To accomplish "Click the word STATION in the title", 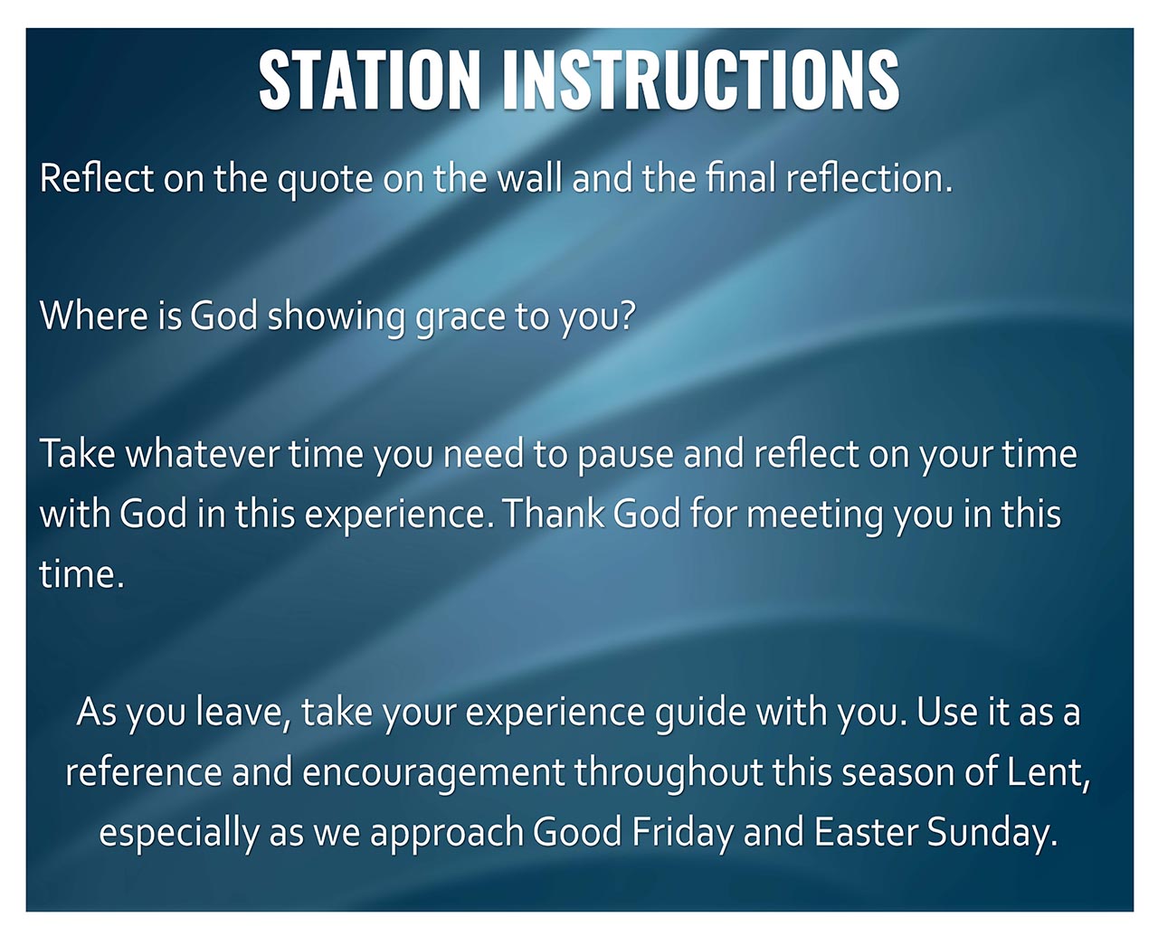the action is point(370,80).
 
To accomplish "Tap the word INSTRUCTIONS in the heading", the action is point(701,80).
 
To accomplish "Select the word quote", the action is point(325,179).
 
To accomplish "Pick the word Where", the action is point(93,316).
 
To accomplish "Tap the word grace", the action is point(460,318).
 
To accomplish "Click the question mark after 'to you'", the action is point(626,316).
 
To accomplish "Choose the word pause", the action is point(625,457).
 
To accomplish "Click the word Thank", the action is point(554,513).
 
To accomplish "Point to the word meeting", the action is point(814,515).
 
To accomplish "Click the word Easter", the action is point(866,833).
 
